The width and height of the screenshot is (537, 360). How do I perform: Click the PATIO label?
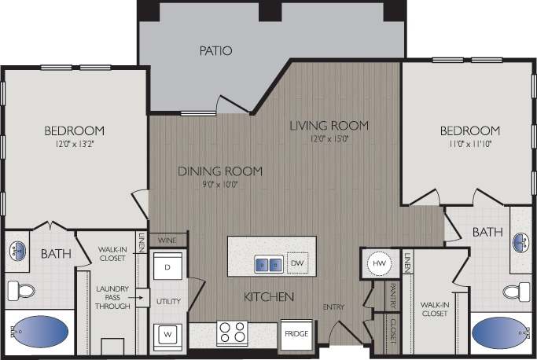pyautogui.click(x=215, y=51)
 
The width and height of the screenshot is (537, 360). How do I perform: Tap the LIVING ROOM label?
pyautogui.click(x=329, y=125)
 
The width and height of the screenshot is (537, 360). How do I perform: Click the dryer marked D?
pyautogui.click(x=168, y=266)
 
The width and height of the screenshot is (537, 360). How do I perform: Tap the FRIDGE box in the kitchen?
pyautogui.click(x=296, y=332)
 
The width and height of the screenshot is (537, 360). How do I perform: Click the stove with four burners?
pyautogui.click(x=233, y=333)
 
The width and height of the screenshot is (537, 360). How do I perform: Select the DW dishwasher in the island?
pyautogui.click(x=296, y=263)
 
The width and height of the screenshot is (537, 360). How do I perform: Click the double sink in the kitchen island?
pyautogui.click(x=267, y=264)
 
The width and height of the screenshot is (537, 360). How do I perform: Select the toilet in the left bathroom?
pyautogui.click(x=22, y=291)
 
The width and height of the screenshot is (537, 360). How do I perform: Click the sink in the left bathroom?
pyautogui.click(x=20, y=252)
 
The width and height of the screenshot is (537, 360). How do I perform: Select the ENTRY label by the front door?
pyautogui.click(x=333, y=307)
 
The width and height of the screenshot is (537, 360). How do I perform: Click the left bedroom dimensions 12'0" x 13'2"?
pyautogui.click(x=74, y=145)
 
